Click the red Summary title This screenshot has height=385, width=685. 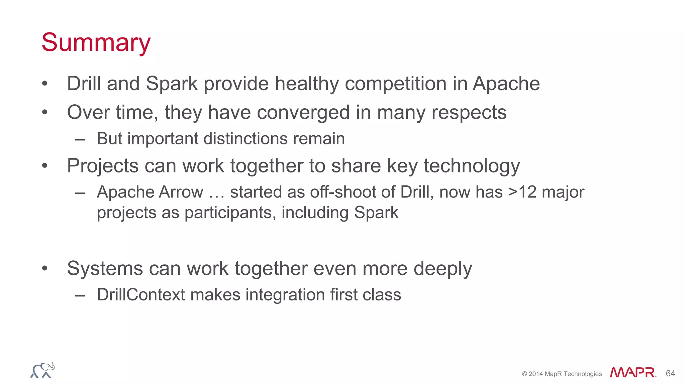click(x=96, y=43)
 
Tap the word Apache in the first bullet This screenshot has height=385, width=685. click(x=506, y=84)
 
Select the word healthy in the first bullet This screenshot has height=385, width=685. click(x=307, y=84)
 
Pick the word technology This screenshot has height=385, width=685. click(x=472, y=166)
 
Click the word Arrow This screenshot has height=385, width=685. click(x=181, y=192)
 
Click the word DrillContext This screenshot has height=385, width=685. click(x=140, y=295)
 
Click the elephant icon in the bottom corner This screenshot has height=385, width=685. click(x=42, y=370)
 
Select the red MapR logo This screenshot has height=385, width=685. click(x=632, y=373)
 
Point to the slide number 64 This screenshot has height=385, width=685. click(x=670, y=373)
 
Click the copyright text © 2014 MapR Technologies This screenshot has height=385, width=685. click(x=562, y=374)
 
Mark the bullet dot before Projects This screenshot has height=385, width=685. click(x=45, y=166)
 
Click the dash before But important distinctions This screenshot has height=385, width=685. click(x=80, y=139)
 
